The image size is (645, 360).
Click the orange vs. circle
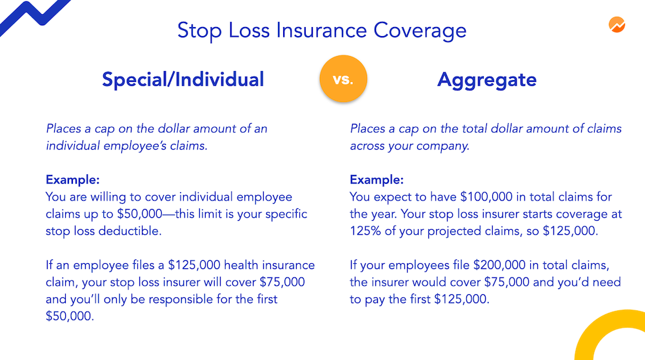(343, 79)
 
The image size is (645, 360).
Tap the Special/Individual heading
(183, 79)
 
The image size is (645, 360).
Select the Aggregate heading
(486, 80)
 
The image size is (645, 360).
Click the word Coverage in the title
(420, 31)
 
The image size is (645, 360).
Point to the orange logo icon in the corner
(617, 25)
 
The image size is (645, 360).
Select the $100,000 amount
(486, 197)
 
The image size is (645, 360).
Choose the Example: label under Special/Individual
(72, 180)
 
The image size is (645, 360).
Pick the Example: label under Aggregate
(377, 180)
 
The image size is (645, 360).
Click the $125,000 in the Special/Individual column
(194, 265)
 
